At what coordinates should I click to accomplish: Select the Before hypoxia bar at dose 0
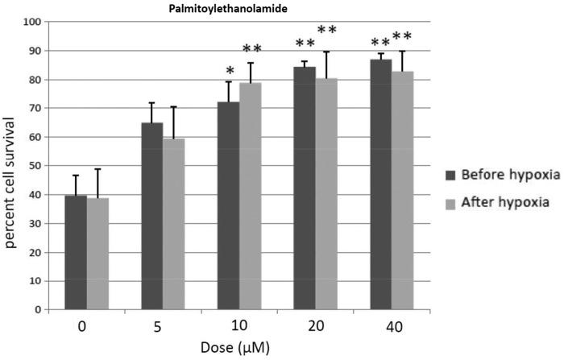pos(76,251)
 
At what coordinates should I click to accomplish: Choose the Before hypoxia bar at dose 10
pos(228,205)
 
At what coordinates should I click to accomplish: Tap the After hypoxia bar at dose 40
pos(402,190)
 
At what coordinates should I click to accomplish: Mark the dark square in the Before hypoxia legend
pos(451,175)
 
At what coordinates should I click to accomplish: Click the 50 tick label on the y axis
pos(36,166)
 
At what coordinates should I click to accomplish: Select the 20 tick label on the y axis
pos(36,252)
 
